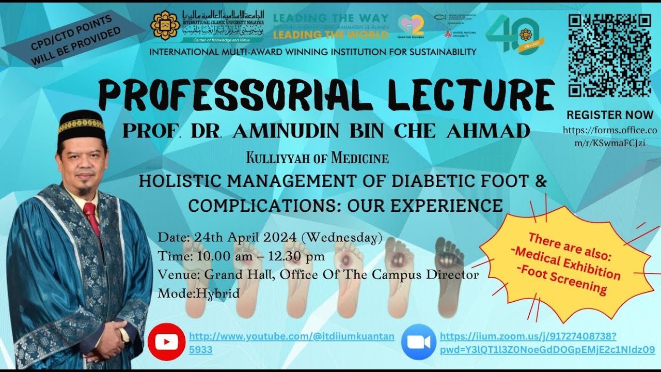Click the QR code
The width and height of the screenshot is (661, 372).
pyautogui.click(x=609, y=55)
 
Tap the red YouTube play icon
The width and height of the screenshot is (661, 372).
pyautogui.click(x=166, y=342)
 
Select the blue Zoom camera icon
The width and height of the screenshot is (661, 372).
pyautogui.click(x=418, y=342)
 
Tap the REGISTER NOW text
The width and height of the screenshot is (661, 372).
pyautogui.click(x=610, y=115)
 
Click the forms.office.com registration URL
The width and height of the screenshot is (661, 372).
pyautogui.click(x=610, y=137)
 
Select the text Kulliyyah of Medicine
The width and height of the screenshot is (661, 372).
pyautogui.click(x=318, y=158)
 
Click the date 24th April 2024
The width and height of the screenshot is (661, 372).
pyautogui.click(x=245, y=238)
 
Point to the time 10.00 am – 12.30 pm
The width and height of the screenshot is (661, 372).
pyautogui.click(x=258, y=256)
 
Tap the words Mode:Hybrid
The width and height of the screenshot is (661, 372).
pyautogui.click(x=199, y=293)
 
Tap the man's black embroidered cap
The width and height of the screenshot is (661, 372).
pyautogui.click(x=81, y=125)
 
